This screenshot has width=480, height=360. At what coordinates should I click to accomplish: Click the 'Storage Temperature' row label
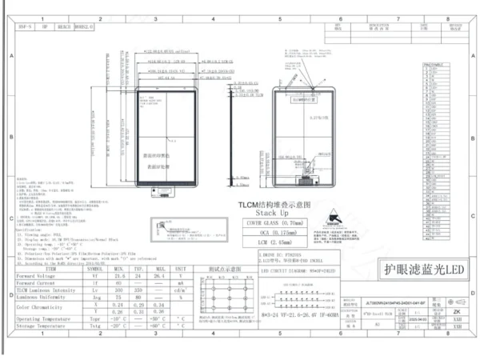point(42,325)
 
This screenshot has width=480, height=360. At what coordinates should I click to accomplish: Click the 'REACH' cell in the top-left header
point(62,27)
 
